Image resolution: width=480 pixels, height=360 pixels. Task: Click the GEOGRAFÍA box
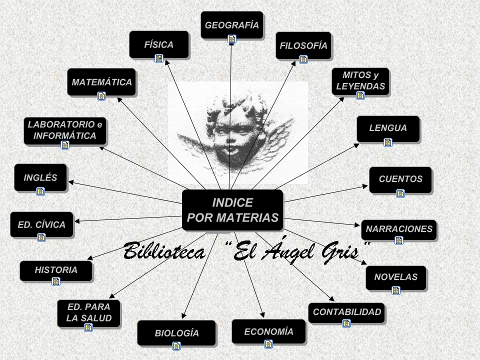(x=232, y=25)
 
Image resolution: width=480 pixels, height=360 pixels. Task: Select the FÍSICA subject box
(x=159, y=44)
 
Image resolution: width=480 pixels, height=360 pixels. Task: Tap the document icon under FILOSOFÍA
(x=303, y=59)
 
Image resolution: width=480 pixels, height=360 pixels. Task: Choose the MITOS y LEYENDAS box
(x=360, y=81)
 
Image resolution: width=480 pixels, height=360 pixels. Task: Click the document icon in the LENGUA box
(x=388, y=142)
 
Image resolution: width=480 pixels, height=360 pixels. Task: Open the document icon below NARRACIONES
(x=399, y=240)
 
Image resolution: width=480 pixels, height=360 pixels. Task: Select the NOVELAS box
(x=396, y=277)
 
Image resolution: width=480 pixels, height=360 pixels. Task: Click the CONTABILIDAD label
(x=347, y=312)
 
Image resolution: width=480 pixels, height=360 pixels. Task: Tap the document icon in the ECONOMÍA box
(x=268, y=343)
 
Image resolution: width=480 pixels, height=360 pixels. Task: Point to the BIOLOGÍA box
(x=176, y=333)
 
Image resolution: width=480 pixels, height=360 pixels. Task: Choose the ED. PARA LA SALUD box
(x=89, y=313)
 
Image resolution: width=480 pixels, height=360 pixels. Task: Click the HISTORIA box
(x=56, y=270)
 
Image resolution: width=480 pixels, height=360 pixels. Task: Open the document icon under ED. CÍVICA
(x=41, y=237)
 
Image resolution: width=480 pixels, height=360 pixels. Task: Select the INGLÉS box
(x=40, y=177)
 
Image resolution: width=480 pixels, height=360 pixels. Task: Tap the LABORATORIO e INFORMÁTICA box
(x=65, y=131)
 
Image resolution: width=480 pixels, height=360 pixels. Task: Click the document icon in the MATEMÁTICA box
(x=101, y=96)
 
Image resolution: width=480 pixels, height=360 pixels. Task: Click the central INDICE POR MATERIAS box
(x=232, y=210)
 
